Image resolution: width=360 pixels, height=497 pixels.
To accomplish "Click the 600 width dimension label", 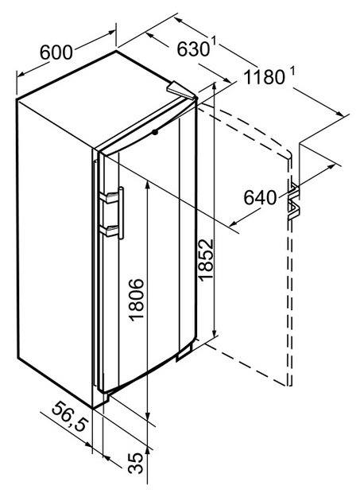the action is (56, 52).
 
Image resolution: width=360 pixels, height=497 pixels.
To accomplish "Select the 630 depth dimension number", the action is (193, 49).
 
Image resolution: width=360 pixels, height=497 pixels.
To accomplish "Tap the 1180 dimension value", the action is (265, 77).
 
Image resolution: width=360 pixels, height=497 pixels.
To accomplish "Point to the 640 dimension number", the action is (260, 197).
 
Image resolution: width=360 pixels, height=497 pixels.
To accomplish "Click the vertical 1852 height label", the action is (206, 259).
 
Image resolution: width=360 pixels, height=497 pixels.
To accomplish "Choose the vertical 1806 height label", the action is (137, 300).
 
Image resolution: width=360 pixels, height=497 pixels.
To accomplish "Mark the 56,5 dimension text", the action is (69, 416).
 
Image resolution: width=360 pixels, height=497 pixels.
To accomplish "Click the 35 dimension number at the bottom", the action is (136, 463).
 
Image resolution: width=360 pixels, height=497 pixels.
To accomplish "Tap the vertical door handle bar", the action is (121, 213).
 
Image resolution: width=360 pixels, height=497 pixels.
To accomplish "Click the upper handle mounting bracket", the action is (108, 197).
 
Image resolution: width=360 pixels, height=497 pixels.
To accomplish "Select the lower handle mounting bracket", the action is (108, 231).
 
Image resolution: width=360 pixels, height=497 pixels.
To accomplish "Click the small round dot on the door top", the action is (155, 133).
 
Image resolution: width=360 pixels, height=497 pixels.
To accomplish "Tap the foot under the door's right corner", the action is (184, 352).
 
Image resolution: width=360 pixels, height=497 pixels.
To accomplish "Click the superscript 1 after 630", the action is (214, 41).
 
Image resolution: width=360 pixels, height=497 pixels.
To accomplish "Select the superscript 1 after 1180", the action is (292, 72).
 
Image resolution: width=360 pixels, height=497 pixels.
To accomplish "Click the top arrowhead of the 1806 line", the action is (147, 184).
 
